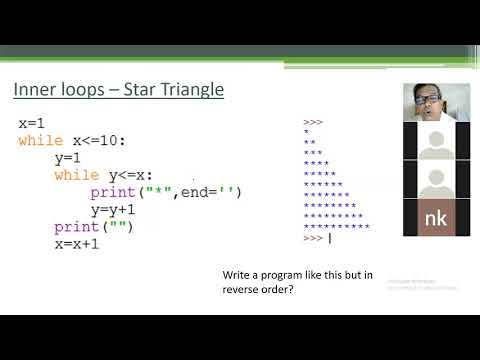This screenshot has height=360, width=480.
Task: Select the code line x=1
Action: click(32, 123)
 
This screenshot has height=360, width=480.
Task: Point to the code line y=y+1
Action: click(112, 210)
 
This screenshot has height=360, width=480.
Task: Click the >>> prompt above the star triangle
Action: click(311, 122)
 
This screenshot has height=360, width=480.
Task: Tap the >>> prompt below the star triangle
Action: click(311, 238)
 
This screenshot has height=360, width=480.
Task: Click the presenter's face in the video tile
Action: click(423, 101)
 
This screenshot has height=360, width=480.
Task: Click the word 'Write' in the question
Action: click(238, 275)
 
